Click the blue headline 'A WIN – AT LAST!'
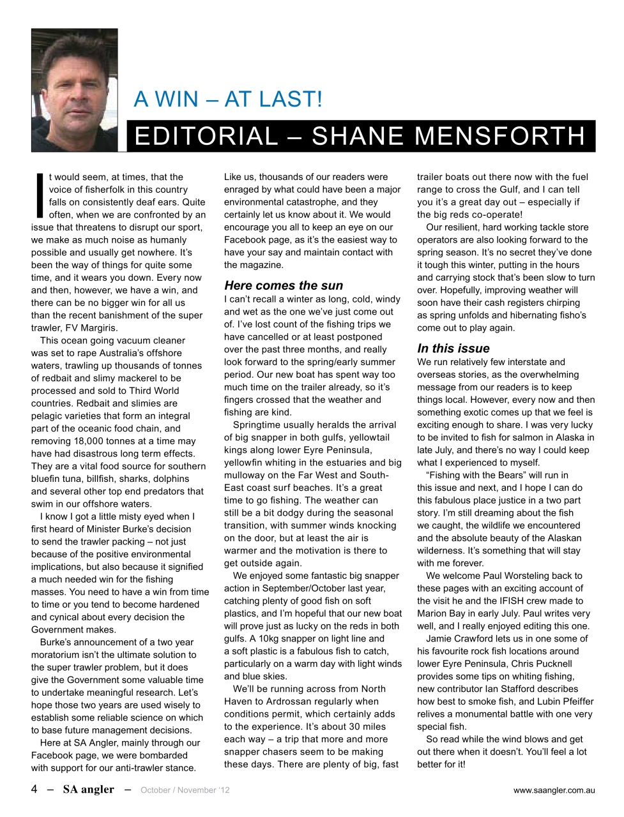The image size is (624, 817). [228, 100]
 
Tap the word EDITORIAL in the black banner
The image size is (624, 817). [206, 136]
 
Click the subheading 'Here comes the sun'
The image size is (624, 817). [283, 285]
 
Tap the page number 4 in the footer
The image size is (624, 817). [34, 790]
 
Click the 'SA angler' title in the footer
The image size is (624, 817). [88, 790]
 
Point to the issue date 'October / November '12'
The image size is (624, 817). [185, 790]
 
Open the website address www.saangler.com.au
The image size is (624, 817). [553, 790]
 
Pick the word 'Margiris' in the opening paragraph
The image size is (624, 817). [80, 327]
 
